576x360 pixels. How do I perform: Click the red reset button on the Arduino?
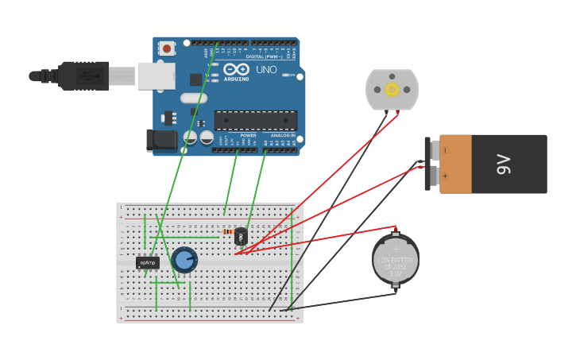(x=167, y=48)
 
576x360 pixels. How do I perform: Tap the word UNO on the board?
(x=266, y=70)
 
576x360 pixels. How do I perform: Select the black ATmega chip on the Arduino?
(x=256, y=121)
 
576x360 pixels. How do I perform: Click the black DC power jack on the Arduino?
(x=162, y=140)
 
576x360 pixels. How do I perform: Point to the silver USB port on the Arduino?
(x=156, y=75)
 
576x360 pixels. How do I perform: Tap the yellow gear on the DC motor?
(x=392, y=90)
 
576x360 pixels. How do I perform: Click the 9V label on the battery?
(x=503, y=165)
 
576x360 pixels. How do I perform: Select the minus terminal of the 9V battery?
(x=444, y=150)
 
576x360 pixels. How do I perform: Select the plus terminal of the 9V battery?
(x=444, y=176)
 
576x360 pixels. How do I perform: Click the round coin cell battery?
(x=395, y=260)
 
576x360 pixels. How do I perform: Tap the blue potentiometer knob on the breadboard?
(x=184, y=259)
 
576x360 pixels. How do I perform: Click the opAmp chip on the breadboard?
(x=147, y=262)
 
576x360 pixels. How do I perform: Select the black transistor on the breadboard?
(x=241, y=236)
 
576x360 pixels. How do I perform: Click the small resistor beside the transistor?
(x=229, y=231)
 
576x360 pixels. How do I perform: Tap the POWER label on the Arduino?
(x=248, y=136)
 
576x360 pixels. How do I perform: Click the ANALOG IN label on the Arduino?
(x=282, y=136)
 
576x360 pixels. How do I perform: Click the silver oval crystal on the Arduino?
(x=193, y=99)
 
